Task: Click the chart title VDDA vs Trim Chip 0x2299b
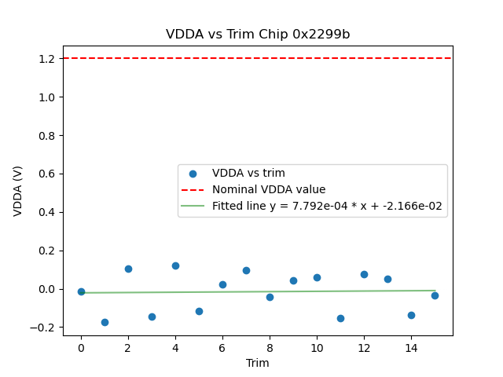pyautogui.click(x=258, y=35)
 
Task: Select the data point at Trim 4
pyautogui.click(x=175, y=265)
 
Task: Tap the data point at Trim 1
pyautogui.click(x=105, y=322)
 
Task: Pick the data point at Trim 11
pyautogui.click(x=340, y=318)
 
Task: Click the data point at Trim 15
pyautogui.click(x=435, y=295)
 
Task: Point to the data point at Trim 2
pyautogui.click(x=128, y=269)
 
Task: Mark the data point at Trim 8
pyautogui.click(x=270, y=297)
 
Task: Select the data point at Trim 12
pyautogui.click(x=364, y=274)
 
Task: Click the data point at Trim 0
pyautogui.click(x=81, y=291)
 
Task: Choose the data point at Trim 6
pyautogui.click(x=222, y=284)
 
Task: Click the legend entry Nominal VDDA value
pyautogui.click(x=269, y=189)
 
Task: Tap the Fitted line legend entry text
pyautogui.click(x=327, y=206)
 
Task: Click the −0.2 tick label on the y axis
pyautogui.click(x=44, y=328)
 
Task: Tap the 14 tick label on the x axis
pyautogui.click(x=411, y=348)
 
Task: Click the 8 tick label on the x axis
pyautogui.click(x=270, y=348)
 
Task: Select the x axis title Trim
pyautogui.click(x=258, y=363)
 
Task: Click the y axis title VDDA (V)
pyautogui.click(x=18, y=191)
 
